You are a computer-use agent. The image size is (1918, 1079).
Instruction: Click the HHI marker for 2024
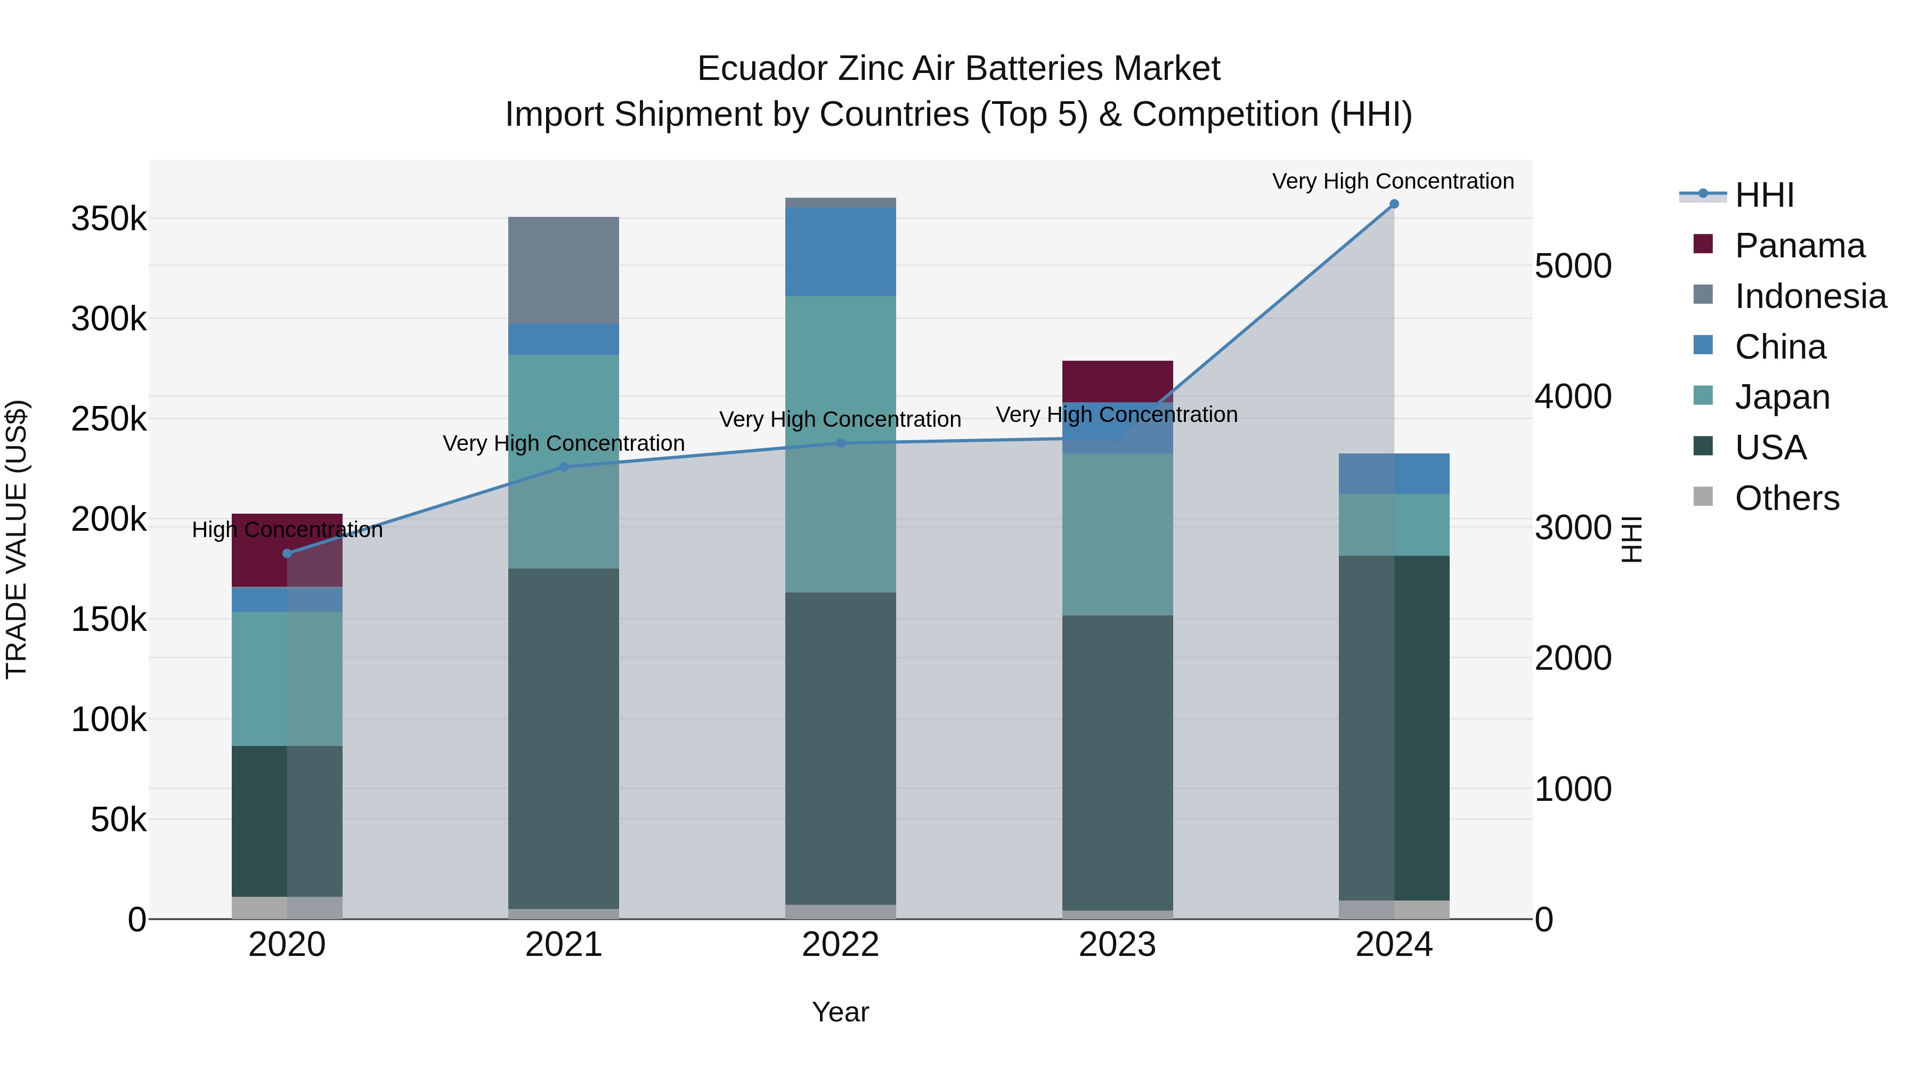tap(1394, 204)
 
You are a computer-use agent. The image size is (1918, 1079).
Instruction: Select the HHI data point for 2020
tap(287, 553)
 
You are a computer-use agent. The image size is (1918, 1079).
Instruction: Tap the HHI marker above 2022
tap(841, 443)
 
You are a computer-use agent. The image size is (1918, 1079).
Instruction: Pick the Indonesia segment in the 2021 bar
tap(564, 270)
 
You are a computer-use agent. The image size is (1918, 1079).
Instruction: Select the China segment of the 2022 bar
tap(841, 252)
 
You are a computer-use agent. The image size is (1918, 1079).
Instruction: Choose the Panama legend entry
tap(1799, 246)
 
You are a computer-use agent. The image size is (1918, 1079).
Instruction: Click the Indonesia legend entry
tap(1809, 296)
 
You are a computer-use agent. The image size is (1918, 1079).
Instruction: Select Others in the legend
tap(1786, 498)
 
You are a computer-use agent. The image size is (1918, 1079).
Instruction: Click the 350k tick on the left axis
tap(109, 220)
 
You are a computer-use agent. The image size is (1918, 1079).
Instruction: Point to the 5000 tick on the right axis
tap(1573, 266)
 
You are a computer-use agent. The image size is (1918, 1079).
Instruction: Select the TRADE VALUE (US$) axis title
tap(17, 539)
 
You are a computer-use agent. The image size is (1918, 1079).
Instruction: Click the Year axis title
tap(841, 1012)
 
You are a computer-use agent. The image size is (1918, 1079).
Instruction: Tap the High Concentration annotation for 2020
tap(287, 530)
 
